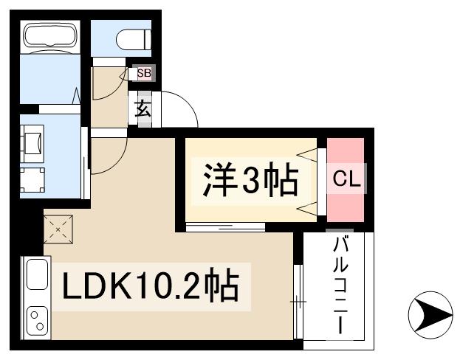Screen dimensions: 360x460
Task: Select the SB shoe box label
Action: point(143,74)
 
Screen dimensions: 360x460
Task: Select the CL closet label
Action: point(345,179)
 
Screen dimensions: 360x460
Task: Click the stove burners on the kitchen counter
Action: point(35,319)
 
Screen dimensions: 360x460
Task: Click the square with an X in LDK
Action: point(58,229)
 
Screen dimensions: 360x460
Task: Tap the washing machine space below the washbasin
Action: point(32,179)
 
